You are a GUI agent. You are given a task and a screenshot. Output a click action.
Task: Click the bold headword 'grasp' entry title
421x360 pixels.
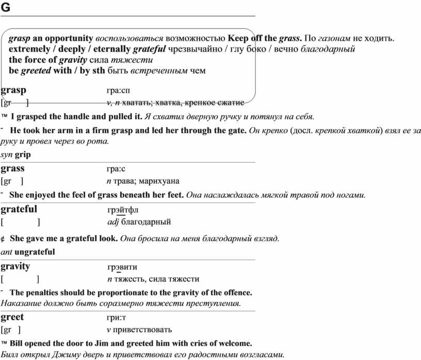[x=14, y=90]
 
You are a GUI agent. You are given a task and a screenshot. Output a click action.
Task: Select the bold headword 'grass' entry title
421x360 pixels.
[x=13, y=168]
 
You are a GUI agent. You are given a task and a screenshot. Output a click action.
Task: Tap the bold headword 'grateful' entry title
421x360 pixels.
[x=19, y=209]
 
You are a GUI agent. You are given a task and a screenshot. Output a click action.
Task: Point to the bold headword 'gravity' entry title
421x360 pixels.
[x=15, y=267]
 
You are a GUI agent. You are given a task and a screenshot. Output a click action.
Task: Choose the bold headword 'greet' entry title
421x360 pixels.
[x=13, y=317]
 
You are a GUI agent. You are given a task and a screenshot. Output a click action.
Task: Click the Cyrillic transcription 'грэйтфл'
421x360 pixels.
[x=123, y=210]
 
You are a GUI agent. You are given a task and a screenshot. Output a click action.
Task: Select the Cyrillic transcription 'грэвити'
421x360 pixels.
[x=122, y=268]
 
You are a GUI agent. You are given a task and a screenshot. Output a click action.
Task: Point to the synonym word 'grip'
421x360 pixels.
[x=23, y=154]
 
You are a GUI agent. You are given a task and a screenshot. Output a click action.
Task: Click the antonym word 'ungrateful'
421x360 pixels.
[x=35, y=252]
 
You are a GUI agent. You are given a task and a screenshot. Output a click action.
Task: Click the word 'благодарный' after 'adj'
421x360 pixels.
[x=146, y=223]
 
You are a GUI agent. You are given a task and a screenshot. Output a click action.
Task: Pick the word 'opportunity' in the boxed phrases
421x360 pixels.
[x=69, y=39]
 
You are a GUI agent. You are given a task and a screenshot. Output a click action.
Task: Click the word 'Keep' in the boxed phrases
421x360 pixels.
[x=238, y=39]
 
